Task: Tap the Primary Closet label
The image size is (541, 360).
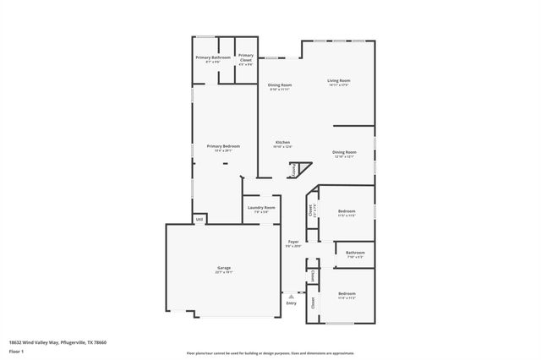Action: coord(245,58)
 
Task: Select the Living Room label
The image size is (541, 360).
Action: coord(339,82)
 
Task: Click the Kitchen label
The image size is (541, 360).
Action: coord(282,143)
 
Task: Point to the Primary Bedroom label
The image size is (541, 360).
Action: coord(223,147)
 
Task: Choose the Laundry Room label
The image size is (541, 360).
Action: coord(261,209)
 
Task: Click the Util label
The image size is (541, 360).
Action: coord(199,219)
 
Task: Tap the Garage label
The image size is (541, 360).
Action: coord(223,270)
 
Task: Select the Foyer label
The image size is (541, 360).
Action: coord(292,243)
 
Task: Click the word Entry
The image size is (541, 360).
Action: coord(292,303)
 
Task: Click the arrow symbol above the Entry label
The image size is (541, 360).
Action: coord(292,296)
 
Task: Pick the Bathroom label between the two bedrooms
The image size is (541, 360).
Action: coord(355,254)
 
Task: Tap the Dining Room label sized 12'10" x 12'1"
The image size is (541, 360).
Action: coord(344,154)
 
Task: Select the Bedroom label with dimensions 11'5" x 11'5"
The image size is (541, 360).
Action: coord(347,213)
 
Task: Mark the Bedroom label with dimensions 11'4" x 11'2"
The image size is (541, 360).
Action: coord(347,295)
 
